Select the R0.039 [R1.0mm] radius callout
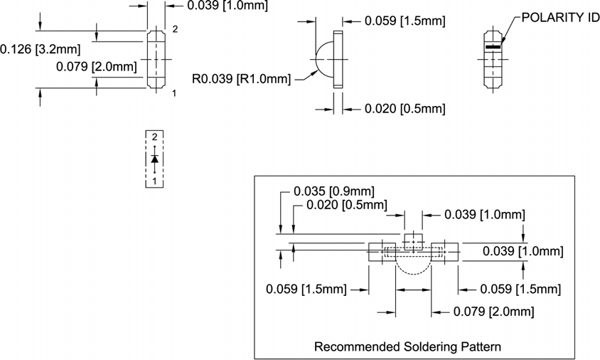[x=242, y=78]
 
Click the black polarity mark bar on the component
[x=492, y=47]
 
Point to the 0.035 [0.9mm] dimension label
[x=333, y=191]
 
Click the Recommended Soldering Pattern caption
[x=407, y=347]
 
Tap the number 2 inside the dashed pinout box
[x=154, y=136]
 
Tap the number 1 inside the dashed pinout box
[x=154, y=181]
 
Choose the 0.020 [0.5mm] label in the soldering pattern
[x=346, y=205]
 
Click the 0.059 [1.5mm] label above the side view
[x=404, y=21]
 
